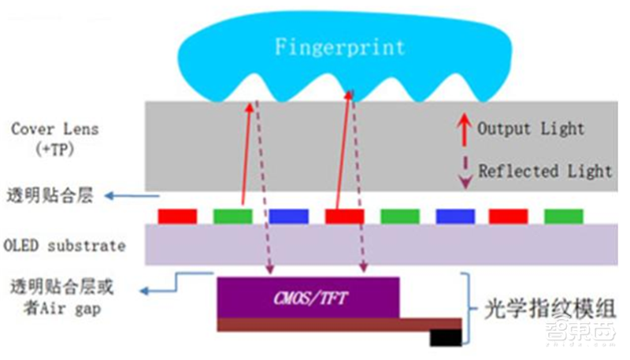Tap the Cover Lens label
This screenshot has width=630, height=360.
(x=55, y=128)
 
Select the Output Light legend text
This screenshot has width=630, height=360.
(x=531, y=128)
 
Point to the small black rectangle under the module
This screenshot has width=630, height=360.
(x=446, y=337)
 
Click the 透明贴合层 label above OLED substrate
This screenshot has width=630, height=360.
(x=49, y=196)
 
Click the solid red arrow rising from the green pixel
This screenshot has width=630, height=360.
(x=246, y=154)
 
